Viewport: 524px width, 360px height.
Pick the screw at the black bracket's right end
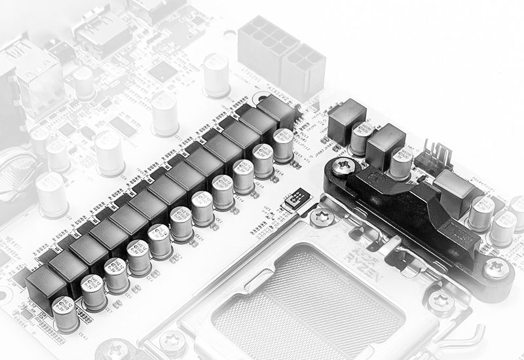pyautogui.click(x=496, y=268)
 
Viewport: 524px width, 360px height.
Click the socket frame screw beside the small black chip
pyautogui.click(x=321, y=217)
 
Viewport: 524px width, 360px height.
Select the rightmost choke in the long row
pyautogui.click(x=276, y=113)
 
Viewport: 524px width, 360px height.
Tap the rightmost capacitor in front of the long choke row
pyautogui.click(x=284, y=144)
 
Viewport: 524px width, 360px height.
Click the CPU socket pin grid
pyautogui.click(x=308, y=295)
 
